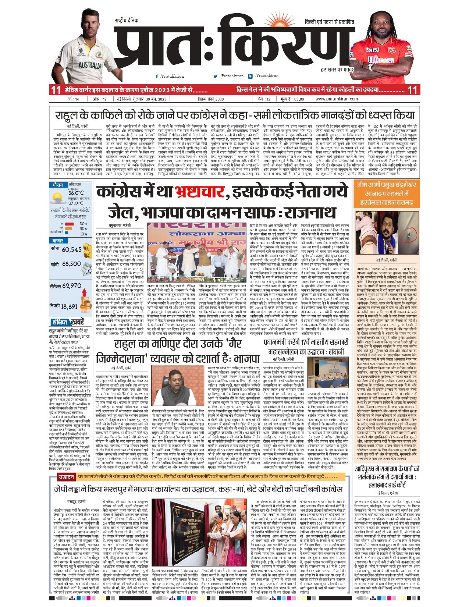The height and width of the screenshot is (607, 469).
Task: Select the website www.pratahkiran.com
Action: [336, 99]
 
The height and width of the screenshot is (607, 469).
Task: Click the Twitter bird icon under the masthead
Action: [216, 76]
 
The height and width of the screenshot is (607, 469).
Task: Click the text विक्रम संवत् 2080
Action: [210, 99]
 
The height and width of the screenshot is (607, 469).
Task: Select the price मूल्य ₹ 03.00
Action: [292, 99]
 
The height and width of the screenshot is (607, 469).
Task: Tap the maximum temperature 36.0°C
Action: [76, 193]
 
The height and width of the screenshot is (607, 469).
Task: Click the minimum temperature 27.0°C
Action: [76, 203]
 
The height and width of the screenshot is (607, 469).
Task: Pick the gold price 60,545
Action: [72, 250]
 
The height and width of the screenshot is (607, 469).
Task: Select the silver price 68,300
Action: [71, 264]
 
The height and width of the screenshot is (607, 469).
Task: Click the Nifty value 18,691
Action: [69, 306]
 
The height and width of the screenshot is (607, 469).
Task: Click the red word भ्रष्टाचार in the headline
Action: [199, 192]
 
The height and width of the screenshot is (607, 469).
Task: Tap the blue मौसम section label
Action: [58, 185]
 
